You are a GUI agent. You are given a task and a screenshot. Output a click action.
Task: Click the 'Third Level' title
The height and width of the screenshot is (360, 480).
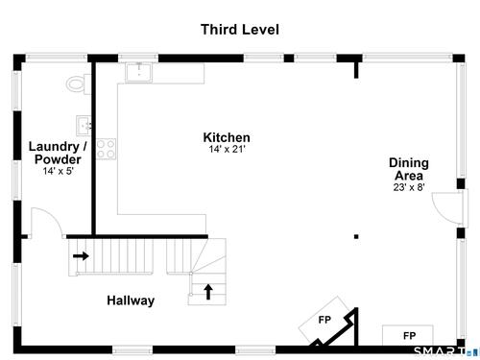coord(240,30)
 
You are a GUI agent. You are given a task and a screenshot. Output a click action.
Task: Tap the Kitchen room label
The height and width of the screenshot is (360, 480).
coord(227,137)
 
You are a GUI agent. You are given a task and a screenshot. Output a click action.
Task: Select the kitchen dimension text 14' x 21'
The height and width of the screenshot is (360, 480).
coord(227,149)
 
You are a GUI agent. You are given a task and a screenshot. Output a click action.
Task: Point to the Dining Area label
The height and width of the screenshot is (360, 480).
coord(409,169)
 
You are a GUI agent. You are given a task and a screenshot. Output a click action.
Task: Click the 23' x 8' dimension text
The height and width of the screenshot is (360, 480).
coord(409,187)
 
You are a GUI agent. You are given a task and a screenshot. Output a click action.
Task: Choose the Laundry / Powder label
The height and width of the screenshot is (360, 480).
coord(58,153)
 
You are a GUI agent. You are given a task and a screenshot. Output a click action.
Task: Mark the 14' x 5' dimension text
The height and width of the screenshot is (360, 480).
coord(59,171)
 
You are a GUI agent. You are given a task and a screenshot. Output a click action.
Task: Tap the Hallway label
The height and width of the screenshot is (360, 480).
coord(131,300)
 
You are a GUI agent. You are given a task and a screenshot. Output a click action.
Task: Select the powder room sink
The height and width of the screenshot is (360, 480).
coord(84,126)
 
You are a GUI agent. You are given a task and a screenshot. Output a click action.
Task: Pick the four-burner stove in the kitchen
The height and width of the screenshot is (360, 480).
coord(106,149)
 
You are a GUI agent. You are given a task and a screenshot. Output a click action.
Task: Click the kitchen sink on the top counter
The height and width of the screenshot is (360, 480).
coord(139,72)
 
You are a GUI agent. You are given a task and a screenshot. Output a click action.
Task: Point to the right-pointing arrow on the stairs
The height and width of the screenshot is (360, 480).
coord(81,256)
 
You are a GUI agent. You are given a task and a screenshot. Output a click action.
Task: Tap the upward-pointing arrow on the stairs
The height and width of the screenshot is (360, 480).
coord(208,292)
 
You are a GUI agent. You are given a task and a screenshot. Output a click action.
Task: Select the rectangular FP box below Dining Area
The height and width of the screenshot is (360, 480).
coord(408,335)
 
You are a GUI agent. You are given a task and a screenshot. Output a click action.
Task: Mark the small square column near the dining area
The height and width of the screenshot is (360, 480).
coord(356,237)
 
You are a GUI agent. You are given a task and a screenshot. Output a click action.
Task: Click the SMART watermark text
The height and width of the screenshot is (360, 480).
coord(440,351)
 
